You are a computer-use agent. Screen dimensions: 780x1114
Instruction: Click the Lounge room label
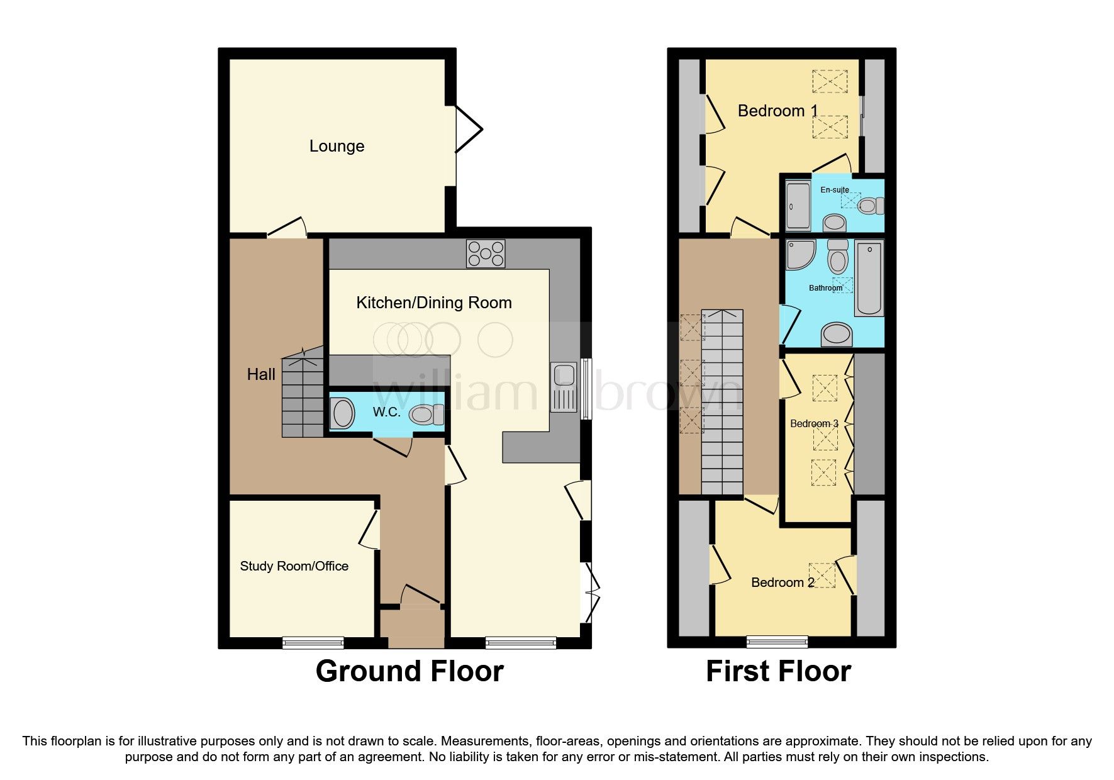point(337,146)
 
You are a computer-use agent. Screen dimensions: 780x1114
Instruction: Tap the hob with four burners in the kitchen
point(485,253)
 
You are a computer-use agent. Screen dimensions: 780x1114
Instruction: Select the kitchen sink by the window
point(564,386)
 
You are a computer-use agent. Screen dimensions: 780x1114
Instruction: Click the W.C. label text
point(386,412)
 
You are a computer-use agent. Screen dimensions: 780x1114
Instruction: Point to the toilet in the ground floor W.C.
point(426,415)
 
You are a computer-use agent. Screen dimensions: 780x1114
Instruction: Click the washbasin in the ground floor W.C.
point(343,414)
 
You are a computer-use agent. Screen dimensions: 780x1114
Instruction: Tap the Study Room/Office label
point(294,565)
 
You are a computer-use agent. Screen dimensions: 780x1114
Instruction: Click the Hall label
point(260,374)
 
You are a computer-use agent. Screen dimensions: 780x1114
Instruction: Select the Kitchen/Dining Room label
point(433,303)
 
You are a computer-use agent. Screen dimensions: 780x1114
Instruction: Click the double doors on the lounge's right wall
point(467,130)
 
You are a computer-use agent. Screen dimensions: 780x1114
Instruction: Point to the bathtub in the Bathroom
point(869,277)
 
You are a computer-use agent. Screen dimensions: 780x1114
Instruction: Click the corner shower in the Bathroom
point(800,253)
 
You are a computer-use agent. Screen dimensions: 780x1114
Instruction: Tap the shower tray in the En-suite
point(798,206)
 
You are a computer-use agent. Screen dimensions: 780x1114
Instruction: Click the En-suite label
point(834,189)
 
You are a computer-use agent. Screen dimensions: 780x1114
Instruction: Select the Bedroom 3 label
point(814,423)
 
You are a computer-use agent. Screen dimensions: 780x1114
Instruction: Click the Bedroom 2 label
point(783,582)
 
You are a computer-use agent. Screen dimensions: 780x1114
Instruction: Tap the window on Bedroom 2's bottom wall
point(777,641)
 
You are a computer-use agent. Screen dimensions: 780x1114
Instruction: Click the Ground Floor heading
point(409,671)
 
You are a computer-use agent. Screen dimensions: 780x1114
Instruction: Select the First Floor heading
point(778,671)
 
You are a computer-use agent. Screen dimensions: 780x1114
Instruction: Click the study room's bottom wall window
point(313,642)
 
